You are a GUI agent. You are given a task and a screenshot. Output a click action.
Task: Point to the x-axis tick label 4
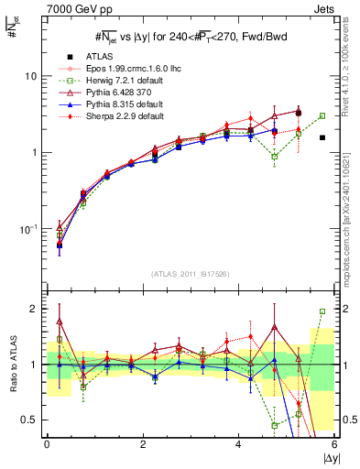239,445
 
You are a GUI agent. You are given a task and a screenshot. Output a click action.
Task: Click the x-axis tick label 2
143,445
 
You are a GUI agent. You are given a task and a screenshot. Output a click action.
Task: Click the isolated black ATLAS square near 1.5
322,137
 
